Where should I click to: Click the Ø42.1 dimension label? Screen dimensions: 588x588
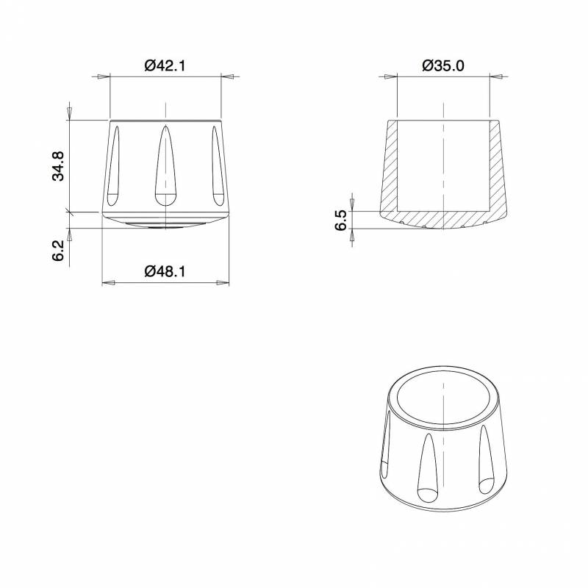click(x=165, y=65)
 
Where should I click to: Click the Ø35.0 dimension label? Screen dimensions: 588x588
click(x=443, y=65)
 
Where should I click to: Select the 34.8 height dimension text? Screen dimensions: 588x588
click(x=58, y=166)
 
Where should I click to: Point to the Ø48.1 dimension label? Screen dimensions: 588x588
click(x=165, y=271)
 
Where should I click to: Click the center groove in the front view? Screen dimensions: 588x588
click(x=165, y=165)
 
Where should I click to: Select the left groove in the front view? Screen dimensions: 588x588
click(x=113, y=165)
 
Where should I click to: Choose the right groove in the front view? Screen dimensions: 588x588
click(x=217, y=165)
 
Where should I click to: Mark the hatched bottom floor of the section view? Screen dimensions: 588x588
click(x=444, y=218)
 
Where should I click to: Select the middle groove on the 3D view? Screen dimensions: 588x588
click(x=429, y=470)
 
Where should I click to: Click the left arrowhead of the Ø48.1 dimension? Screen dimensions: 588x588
click(x=107, y=282)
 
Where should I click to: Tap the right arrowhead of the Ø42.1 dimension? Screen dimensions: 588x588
click(x=227, y=76)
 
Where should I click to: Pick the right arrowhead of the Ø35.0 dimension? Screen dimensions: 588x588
click(x=498, y=76)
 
